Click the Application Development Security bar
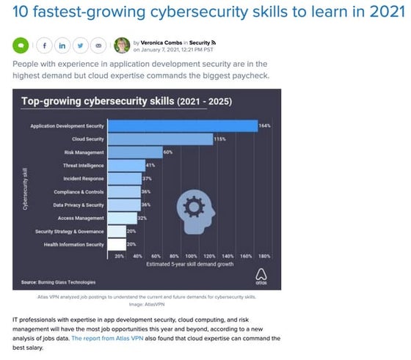coord(183,125)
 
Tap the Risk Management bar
coord(136,152)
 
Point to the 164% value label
coord(265,125)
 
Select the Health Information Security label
coord(74,244)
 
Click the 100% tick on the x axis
coord(191,256)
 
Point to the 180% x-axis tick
coord(264,256)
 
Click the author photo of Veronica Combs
coord(123,45)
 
